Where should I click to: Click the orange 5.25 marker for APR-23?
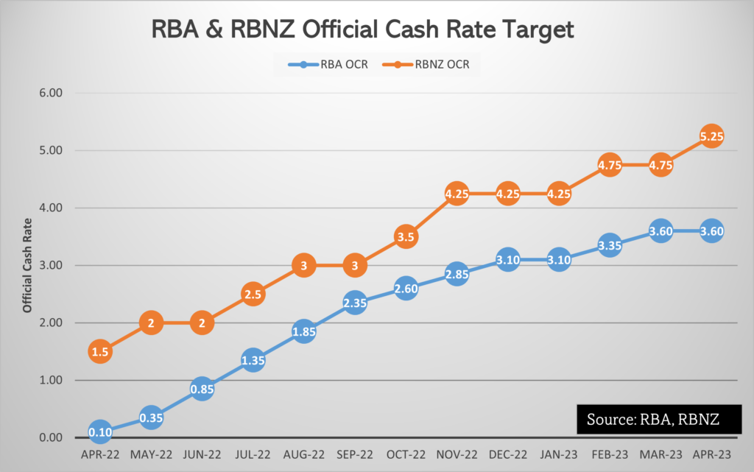click(711, 136)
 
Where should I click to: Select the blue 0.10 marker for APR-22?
click(100, 432)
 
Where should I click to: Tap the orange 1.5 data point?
click(100, 352)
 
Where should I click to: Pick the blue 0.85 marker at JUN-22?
click(202, 389)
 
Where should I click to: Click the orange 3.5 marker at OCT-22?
click(405, 237)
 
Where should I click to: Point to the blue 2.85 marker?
click(457, 275)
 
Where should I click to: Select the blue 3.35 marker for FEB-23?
click(610, 246)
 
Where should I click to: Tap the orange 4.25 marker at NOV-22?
click(457, 194)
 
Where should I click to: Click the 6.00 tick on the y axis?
click(51, 94)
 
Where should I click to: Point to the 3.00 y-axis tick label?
click(51, 266)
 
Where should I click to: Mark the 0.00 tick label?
click(51, 438)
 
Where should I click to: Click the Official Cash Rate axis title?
click(27, 266)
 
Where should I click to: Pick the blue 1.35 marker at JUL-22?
click(253, 360)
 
